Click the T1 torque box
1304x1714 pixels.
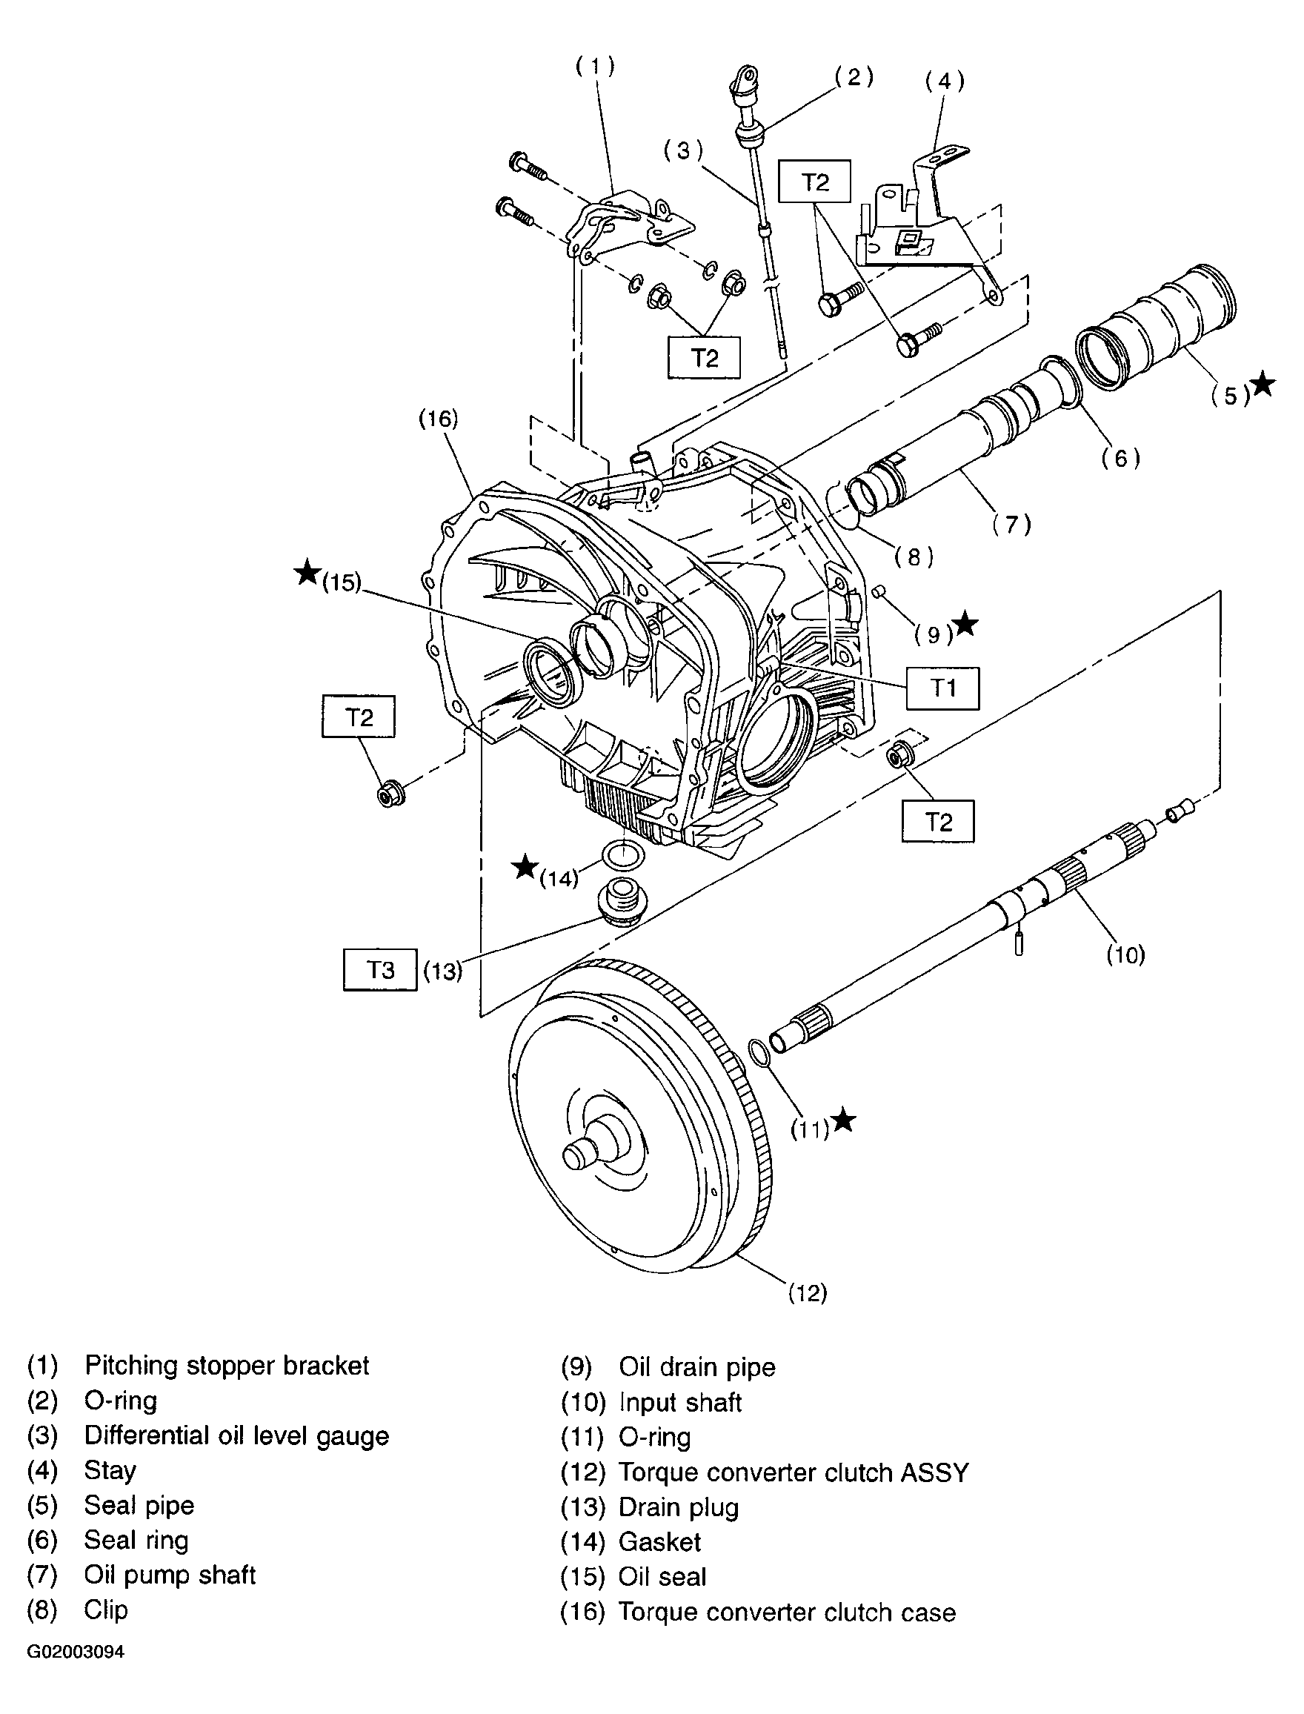point(942,688)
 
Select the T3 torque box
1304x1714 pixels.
point(380,969)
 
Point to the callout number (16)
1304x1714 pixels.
point(439,419)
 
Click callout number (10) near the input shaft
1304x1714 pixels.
point(1125,954)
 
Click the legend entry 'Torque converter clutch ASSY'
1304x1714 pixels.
point(794,1472)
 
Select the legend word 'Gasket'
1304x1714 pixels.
point(659,1541)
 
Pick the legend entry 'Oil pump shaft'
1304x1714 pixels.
point(170,1574)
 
